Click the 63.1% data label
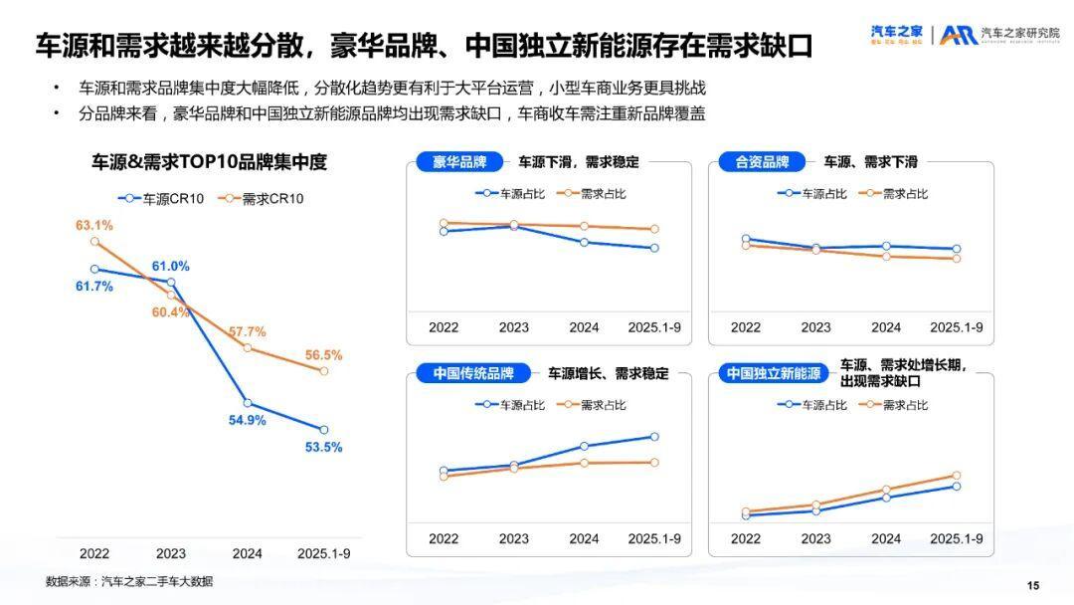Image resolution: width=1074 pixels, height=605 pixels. [94, 225]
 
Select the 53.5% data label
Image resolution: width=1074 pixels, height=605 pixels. [323, 448]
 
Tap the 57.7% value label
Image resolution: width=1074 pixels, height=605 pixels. [248, 331]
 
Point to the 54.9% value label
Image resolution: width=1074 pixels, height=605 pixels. [248, 420]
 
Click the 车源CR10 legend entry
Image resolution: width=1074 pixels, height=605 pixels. [161, 199]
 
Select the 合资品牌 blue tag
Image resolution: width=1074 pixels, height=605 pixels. [762, 162]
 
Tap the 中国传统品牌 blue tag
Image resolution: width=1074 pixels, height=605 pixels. [473, 374]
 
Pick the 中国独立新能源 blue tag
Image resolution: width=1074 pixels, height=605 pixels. [773, 374]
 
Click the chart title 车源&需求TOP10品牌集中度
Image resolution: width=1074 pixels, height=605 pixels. [209, 162]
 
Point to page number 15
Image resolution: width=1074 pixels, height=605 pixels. [1032, 584]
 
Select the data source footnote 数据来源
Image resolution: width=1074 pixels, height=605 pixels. [129, 581]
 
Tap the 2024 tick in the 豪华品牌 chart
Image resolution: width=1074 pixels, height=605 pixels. [584, 327]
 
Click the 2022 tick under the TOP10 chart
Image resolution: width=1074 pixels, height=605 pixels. [94, 553]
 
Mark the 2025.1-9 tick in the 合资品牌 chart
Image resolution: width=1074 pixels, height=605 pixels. [956, 327]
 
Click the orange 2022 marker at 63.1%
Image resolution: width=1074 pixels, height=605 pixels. [94, 242]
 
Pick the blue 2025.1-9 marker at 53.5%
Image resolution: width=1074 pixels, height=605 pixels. [323, 430]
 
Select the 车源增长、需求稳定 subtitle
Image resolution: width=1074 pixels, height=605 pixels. [609, 374]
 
